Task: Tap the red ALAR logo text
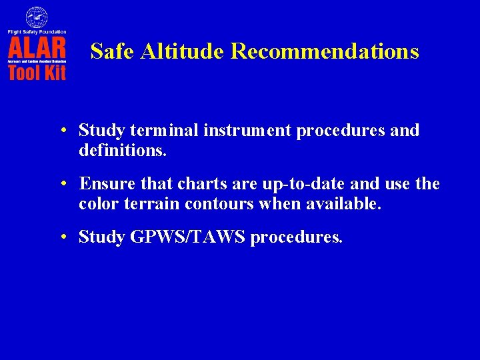click(x=37, y=49)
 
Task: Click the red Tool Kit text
click(x=37, y=72)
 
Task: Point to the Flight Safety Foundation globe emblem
click(x=37, y=17)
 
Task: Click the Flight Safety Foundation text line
click(x=37, y=31)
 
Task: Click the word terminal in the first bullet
click(x=155, y=130)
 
